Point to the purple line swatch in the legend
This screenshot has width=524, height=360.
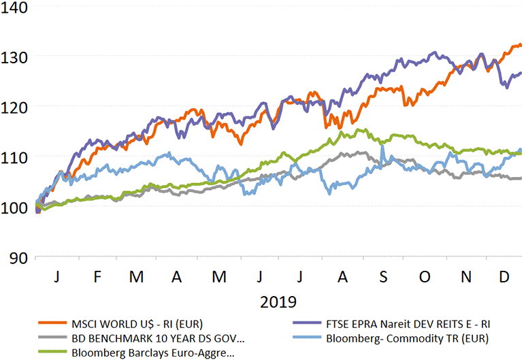[310, 323]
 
